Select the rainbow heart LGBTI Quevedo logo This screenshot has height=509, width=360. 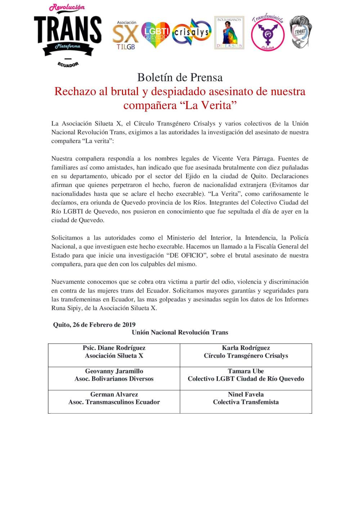(156, 35)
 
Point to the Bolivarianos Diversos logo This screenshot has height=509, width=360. (229, 33)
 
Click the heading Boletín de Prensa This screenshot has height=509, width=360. (180, 77)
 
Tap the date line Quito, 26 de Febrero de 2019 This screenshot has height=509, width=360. (94, 324)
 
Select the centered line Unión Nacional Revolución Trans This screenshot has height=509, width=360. (180, 332)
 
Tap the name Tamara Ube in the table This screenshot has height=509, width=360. (246, 371)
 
